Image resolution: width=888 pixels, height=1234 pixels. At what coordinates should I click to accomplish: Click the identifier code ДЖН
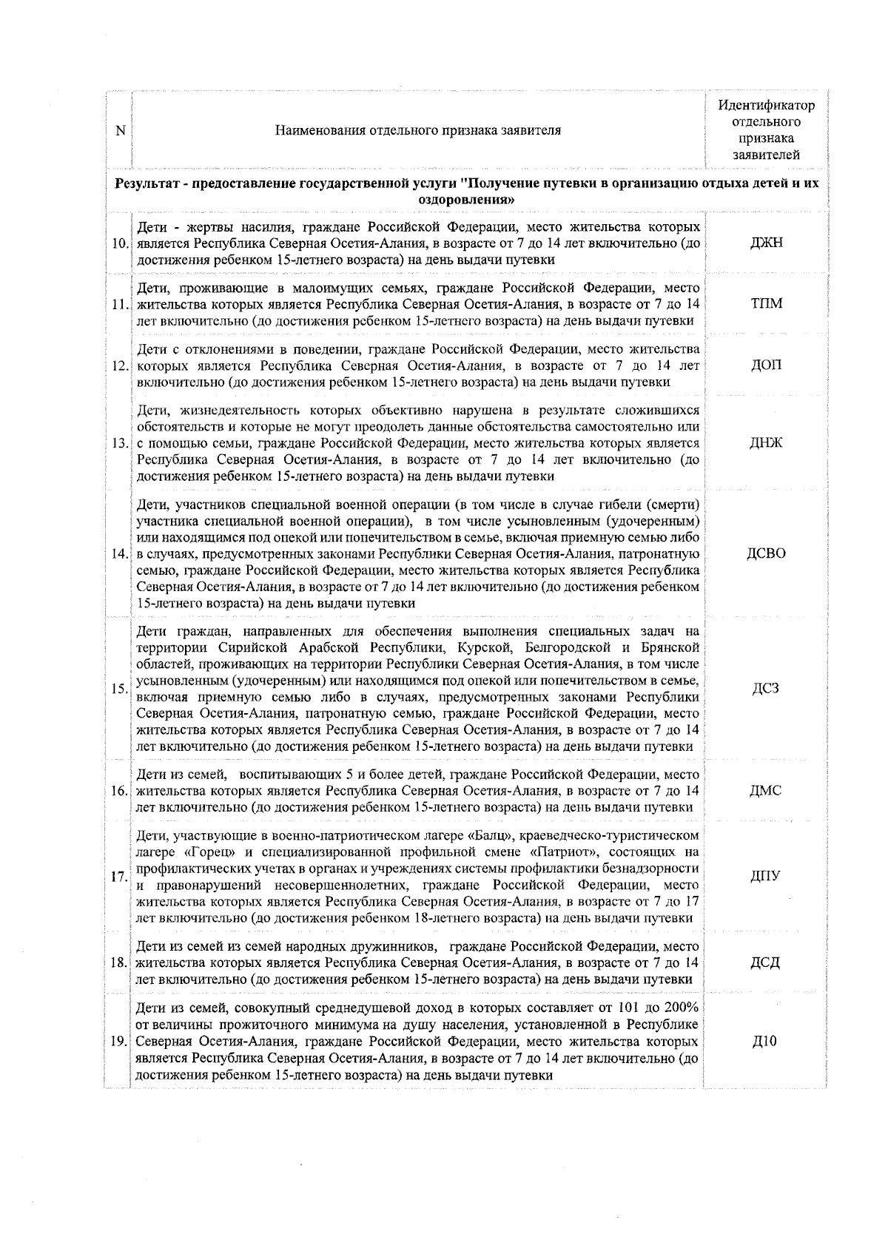pyautogui.click(x=766, y=243)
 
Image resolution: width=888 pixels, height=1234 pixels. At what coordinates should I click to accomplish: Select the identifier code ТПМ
pyautogui.click(x=766, y=303)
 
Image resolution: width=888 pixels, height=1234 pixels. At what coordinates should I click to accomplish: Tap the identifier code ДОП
pyautogui.click(x=766, y=365)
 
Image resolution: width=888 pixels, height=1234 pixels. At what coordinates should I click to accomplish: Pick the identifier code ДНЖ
pyautogui.click(x=766, y=443)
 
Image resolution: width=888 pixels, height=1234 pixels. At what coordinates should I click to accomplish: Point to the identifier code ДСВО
pyautogui.click(x=766, y=553)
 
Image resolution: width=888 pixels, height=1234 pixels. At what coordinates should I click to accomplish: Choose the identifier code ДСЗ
pyautogui.click(x=766, y=689)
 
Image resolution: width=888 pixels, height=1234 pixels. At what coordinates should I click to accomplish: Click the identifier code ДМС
pyautogui.click(x=766, y=790)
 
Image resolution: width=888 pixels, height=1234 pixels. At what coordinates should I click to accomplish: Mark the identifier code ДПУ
pyautogui.click(x=766, y=877)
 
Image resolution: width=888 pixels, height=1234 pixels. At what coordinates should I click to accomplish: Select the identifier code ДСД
pyautogui.click(x=766, y=962)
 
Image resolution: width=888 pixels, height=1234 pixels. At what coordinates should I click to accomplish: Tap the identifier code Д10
pyautogui.click(x=766, y=1041)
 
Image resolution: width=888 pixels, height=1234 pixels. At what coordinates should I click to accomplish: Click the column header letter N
pyautogui.click(x=121, y=130)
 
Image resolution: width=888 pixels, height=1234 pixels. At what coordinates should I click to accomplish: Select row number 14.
pyautogui.click(x=118, y=554)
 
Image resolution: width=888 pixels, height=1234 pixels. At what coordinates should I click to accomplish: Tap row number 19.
pyautogui.click(x=118, y=1042)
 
